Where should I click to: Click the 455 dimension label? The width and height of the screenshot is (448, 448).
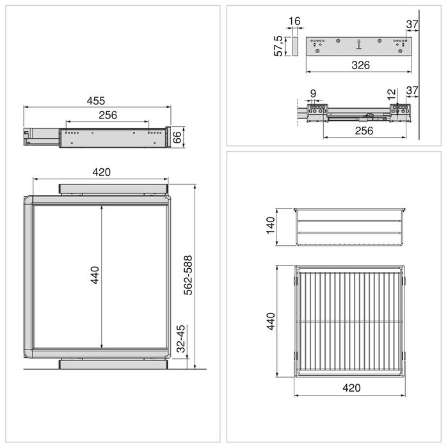96,100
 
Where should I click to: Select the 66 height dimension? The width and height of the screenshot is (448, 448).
179,137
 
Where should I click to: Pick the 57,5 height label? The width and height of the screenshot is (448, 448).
279,46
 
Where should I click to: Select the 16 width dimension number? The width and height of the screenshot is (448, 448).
294,22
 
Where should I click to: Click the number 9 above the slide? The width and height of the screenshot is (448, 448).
312,93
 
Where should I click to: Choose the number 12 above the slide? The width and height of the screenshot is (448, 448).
391,93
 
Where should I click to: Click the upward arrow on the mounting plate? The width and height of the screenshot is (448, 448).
359,44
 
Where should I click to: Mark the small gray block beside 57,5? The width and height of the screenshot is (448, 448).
295,46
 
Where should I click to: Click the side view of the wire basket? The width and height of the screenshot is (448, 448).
351,227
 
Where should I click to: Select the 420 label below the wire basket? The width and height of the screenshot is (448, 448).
351,388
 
